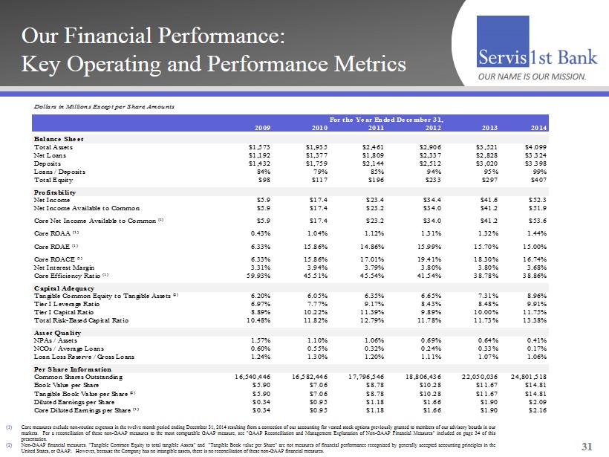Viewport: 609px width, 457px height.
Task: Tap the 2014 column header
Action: coord(580,127)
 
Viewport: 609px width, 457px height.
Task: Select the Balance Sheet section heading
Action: coord(59,139)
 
